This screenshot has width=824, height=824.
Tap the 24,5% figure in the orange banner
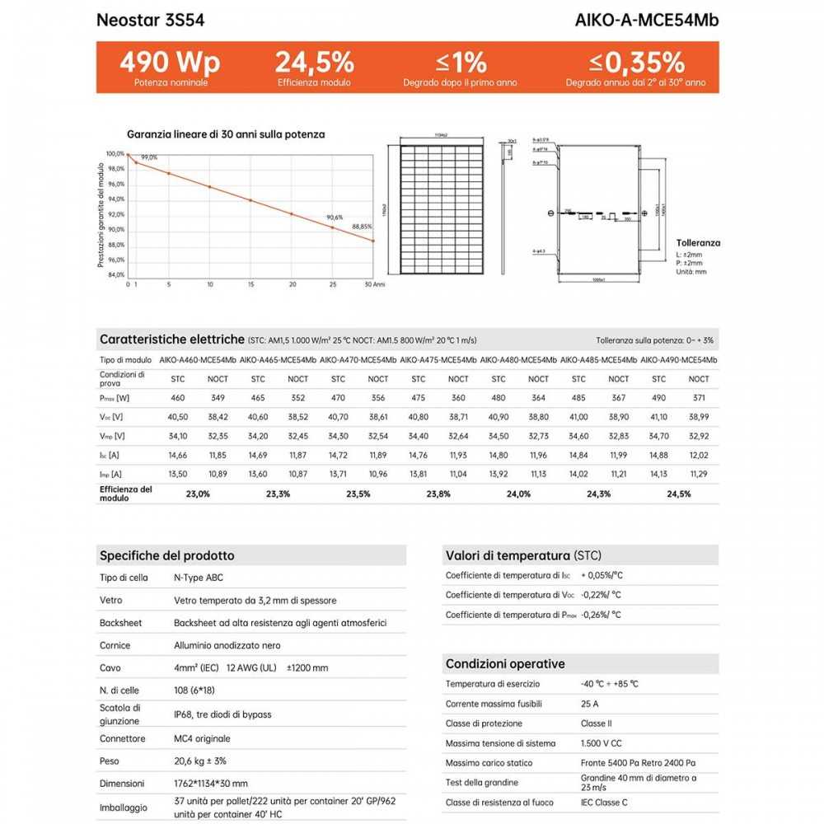pos(314,62)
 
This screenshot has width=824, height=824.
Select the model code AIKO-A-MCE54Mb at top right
pos(646,20)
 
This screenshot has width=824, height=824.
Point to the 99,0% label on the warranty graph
pos(148,157)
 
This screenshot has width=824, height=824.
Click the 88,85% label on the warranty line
pos(362,226)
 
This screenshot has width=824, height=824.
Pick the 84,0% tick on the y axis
pos(115,275)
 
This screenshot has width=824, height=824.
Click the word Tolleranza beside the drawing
pos(698,243)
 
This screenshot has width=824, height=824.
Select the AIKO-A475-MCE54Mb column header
pos(438,360)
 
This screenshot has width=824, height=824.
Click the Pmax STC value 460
pos(178,399)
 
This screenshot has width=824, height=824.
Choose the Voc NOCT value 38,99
pos(698,418)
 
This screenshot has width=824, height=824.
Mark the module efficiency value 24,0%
pos(518,494)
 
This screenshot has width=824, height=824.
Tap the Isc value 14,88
pos(658,455)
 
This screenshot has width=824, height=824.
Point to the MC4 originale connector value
pos(203,738)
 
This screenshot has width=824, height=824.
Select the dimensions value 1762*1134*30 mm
pos(211,784)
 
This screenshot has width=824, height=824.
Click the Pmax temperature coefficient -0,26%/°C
pos(602,615)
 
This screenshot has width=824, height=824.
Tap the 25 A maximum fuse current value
pos(589,704)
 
